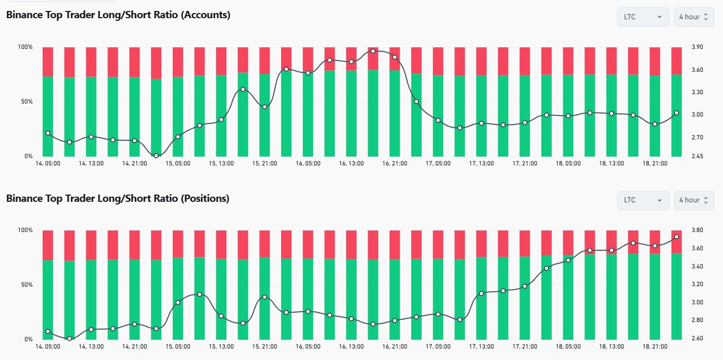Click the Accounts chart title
118,15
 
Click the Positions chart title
118,198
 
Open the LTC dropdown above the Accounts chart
643,17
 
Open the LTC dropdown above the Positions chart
643,200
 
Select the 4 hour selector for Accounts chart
694,17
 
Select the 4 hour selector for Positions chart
694,200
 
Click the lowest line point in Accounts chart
156,155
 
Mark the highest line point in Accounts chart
373,51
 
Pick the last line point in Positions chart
677,237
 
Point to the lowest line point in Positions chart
69,339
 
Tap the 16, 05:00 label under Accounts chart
308,163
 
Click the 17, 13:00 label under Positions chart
481,346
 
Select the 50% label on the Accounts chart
26,101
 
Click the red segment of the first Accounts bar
48,61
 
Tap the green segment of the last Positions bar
677,297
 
